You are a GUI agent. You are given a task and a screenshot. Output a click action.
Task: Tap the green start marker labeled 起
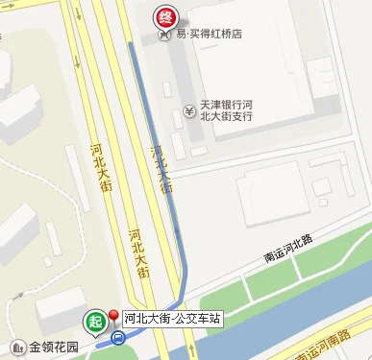click(x=94, y=322)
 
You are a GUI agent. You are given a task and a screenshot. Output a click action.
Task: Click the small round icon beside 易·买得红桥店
click(x=164, y=34)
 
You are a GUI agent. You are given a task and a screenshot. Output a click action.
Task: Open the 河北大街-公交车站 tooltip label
click(x=173, y=317)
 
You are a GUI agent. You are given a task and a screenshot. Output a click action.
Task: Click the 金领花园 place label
click(x=53, y=347)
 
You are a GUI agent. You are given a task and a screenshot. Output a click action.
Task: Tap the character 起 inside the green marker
click(x=94, y=321)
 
